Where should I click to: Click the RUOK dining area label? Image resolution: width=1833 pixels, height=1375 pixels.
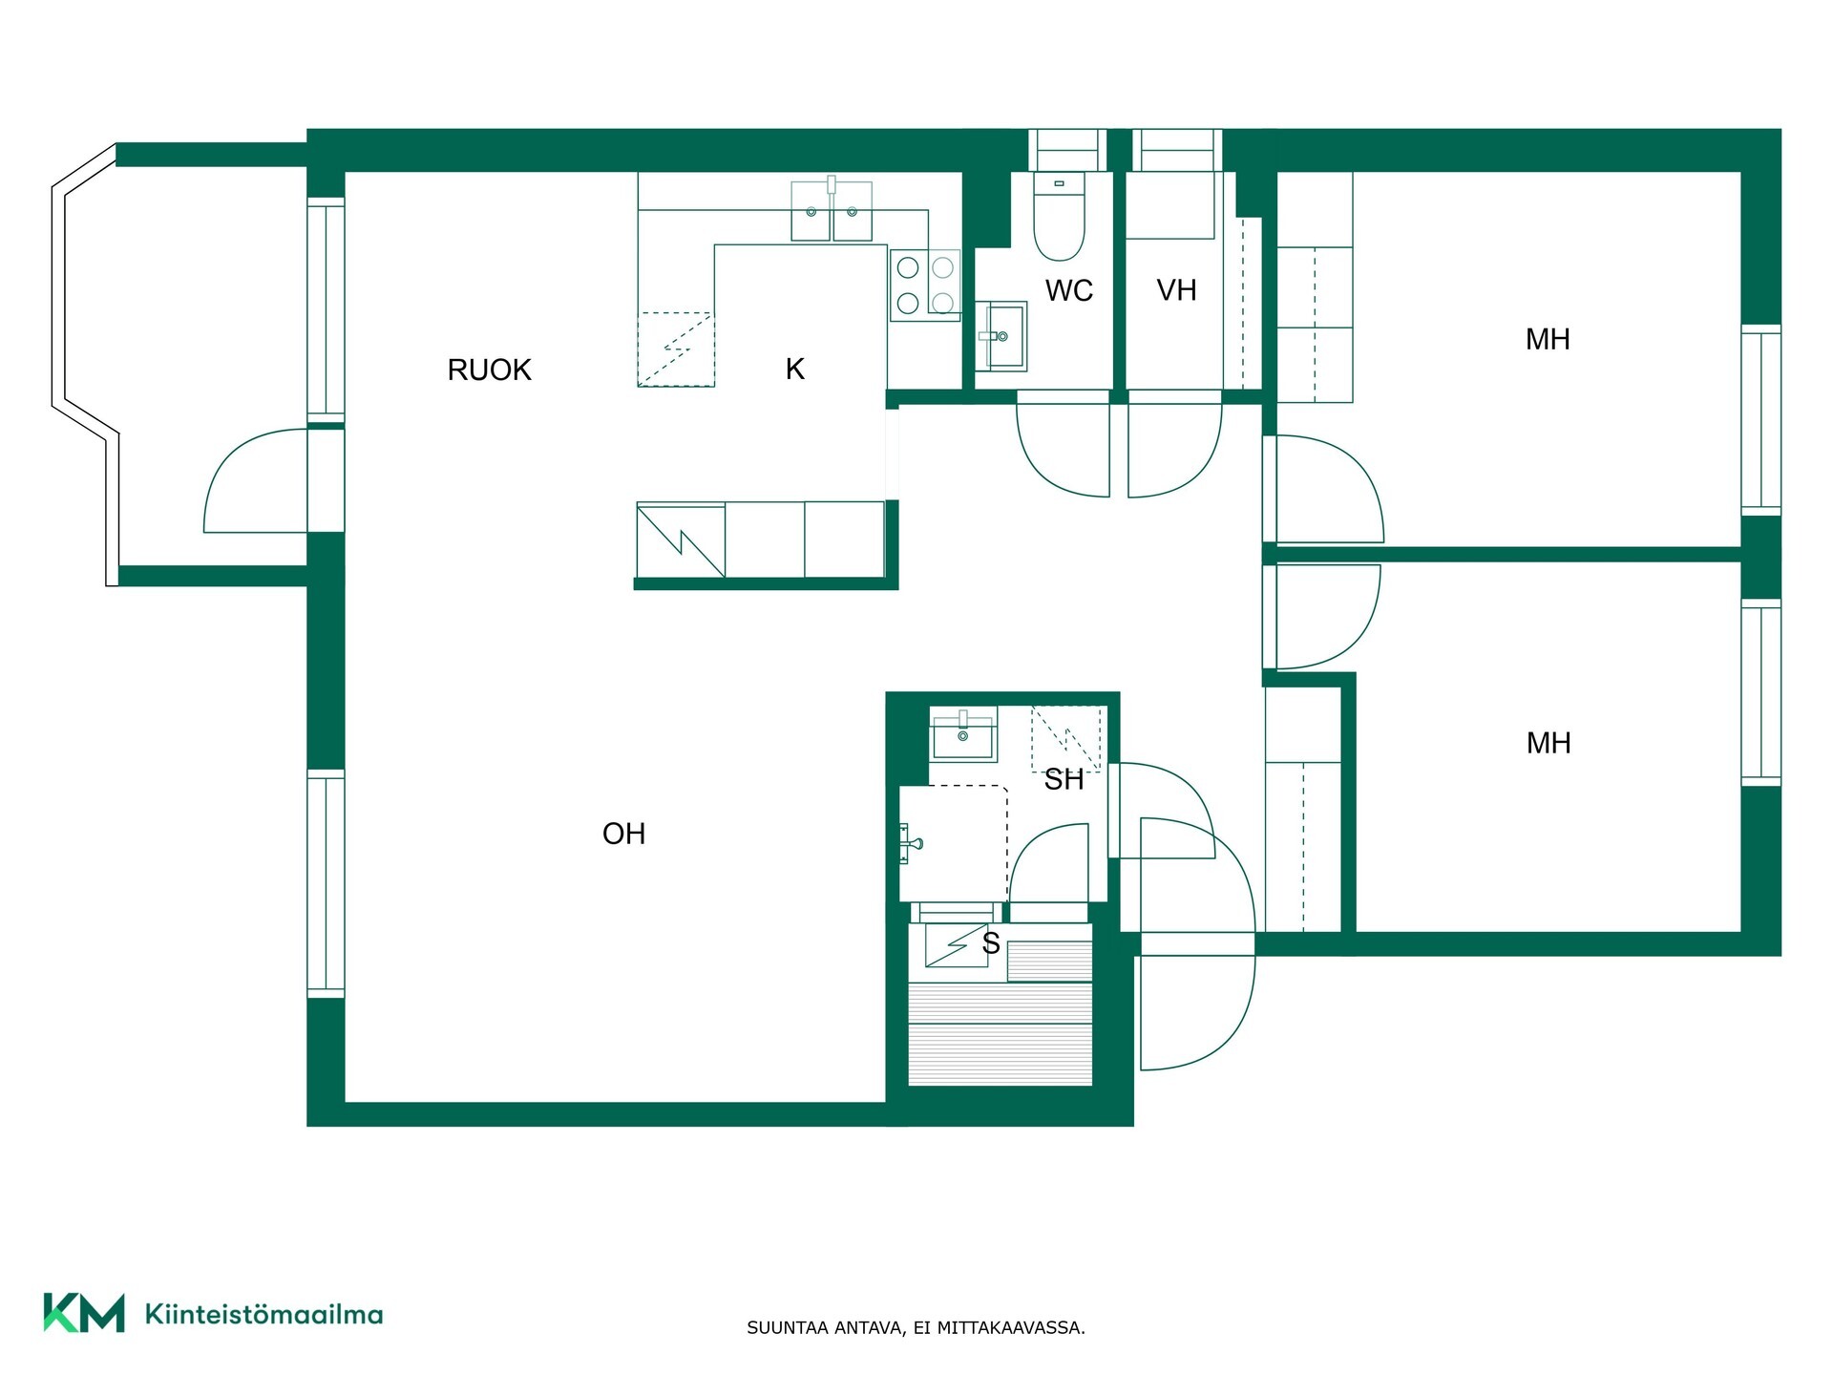pyautogui.click(x=489, y=370)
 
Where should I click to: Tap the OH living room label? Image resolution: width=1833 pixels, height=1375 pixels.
pyautogui.click(x=624, y=834)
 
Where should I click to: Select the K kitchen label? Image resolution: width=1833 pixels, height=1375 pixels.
pyautogui.click(x=795, y=369)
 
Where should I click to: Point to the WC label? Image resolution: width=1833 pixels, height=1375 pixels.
pyautogui.click(x=1069, y=290)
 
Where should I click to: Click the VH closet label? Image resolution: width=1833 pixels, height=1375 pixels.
pyautogui.click(x=1176, y=290)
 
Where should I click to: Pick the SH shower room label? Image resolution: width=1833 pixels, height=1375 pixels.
pyautogui.click(x=1064, y=780)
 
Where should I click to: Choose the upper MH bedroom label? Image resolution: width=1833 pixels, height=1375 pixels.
pyautogui.click(x=1548, y=339)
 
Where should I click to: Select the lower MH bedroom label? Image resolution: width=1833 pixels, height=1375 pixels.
pyautogui.click(x=1549, y=743)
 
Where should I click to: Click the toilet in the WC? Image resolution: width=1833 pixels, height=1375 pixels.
pyautogui.click(x=1060, y=217)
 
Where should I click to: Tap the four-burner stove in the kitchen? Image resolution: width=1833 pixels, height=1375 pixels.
pyautogui.click(x=925, y=285)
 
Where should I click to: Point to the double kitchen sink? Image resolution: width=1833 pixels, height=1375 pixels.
pyautogui.click(x=832, y=210)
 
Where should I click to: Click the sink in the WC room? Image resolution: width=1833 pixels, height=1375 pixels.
pyautogui.click(x=1001, y=335)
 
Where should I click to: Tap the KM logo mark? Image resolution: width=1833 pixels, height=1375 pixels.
pyautogui.click(x=84, y=1313)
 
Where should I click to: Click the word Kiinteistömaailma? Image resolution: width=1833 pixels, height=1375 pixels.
pyautogui.click(x=263, y=1315)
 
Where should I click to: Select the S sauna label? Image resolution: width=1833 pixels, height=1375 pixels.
pyautogui.click(x=991, y=943)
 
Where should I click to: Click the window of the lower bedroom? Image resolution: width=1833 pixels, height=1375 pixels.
pyautogui.click(x=1760, y=693)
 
